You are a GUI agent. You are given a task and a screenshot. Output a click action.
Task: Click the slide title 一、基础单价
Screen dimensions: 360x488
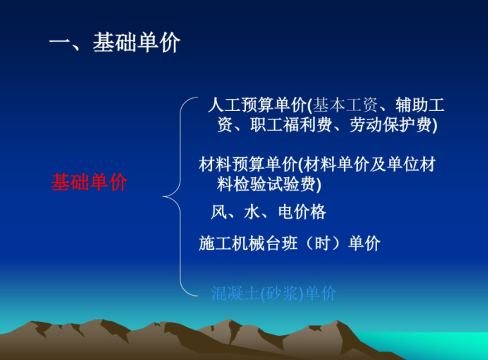tap(115, 43)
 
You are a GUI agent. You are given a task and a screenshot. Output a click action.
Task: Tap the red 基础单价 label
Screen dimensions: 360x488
tap(89, 182)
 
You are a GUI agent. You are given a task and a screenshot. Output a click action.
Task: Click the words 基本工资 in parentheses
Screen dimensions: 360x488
tap(345, 105)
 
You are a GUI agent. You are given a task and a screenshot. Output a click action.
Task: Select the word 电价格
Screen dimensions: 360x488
tap(302, 212)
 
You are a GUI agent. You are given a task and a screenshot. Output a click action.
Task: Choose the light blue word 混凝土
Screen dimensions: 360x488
tap(236, 294)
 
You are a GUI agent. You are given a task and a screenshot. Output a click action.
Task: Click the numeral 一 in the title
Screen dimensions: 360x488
tap(59, 44)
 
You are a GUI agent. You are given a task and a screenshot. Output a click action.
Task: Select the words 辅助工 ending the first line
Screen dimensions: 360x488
tap(420, 105)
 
